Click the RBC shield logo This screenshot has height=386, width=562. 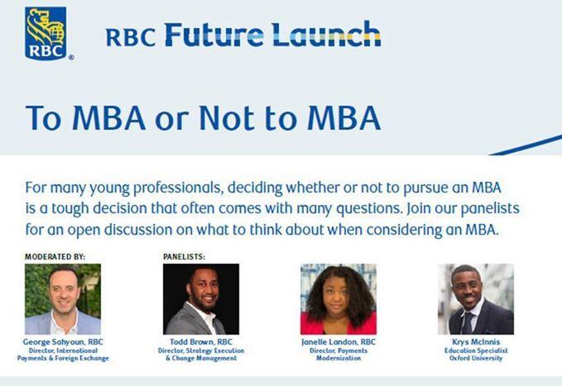click(46, 33)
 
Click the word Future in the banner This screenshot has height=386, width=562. click(214, 35)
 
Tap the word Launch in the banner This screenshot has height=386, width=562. click(326, 34)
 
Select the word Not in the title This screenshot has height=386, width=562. click(228, 118)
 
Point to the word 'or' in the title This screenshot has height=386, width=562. click(171, 121)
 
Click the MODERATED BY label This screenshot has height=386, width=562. click(55, 257)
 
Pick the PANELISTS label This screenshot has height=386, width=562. click(184, 257)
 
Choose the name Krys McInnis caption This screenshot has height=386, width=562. click(476, 342)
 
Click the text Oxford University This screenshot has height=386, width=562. click(476, 358)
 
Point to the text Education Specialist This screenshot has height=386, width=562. click(476, 350)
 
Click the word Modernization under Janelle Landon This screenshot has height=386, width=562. click(339, 358)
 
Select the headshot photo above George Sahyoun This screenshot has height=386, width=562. click(63, 299)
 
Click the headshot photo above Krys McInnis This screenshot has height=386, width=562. click(476, 299)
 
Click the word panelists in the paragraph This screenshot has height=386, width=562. click(490, 208)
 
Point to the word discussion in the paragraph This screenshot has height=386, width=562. click(138, 230)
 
